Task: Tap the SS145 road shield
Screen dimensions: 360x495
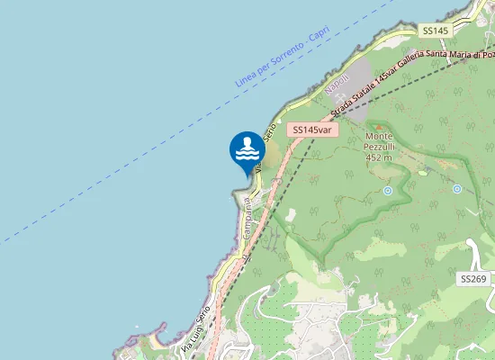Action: (x=435, y=31)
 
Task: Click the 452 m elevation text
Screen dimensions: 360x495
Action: (x=378, y=157)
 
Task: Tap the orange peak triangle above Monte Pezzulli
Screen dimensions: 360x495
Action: (x=378, y=126)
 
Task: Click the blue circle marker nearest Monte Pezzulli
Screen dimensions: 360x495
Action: (x=388, y=191)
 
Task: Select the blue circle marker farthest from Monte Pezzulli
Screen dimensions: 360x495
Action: (x=457, y=189)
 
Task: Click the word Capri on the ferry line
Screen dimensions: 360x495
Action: (x=319, y=33)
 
